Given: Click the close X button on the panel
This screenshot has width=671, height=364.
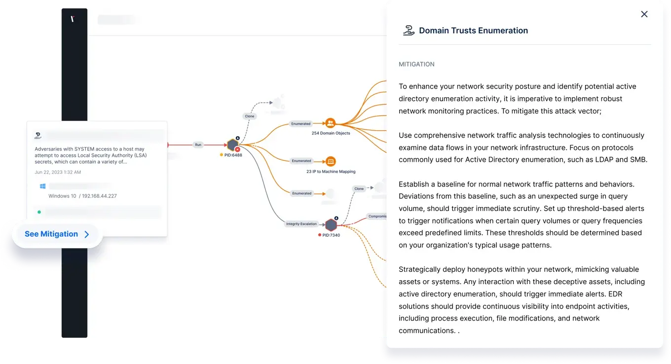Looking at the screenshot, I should point(644,14).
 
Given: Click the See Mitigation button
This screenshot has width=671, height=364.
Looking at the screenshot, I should point(57,234).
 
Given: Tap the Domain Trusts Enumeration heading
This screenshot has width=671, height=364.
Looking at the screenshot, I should point(473,31).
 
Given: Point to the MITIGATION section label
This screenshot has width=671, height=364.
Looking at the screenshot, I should point(416,64).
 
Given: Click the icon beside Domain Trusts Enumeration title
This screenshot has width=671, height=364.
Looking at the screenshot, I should point(409,31).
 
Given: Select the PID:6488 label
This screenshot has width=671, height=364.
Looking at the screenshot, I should point(233,155).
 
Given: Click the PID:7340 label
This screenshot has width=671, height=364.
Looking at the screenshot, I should point(331,235).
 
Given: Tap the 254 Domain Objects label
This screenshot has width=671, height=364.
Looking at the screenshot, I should point(331,133).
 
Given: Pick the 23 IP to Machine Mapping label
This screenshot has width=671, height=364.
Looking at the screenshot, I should point(331,172).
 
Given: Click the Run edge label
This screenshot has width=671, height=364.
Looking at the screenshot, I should point(198,145).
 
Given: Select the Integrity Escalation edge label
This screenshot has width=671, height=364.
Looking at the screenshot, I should point(301,224).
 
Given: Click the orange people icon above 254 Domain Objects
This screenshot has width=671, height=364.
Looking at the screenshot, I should point(330,123).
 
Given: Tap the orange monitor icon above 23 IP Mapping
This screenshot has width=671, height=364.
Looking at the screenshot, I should point(331,161).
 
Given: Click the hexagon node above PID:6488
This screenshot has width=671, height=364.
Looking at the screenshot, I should point(233,145).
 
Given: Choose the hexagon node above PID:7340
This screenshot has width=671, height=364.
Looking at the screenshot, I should point(331,225).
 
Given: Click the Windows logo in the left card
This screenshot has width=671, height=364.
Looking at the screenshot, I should point(43,186).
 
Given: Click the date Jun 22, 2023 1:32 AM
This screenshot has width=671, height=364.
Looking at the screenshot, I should point(58,172).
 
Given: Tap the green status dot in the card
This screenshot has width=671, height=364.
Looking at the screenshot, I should point(39,212).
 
